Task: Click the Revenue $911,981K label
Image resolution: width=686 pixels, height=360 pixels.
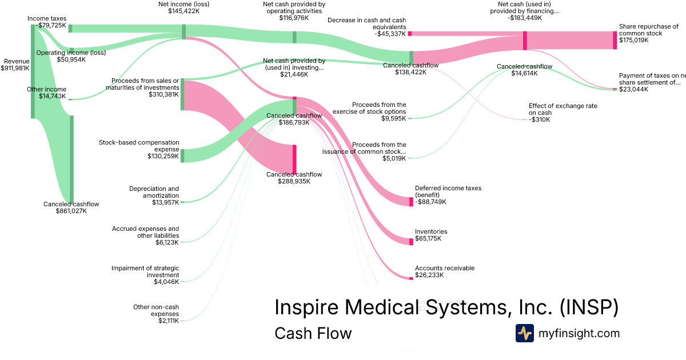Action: click(16, 65)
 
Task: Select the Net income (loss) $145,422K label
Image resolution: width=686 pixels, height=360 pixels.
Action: click(184, 7)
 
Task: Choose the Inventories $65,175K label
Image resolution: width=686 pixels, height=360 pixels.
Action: click(431, 235)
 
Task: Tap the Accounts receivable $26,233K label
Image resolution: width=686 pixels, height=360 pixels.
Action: click(444, 271)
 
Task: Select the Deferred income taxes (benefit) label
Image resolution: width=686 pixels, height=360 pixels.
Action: click(448, 194)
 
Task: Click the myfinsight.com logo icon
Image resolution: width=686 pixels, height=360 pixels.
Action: click(524, 333)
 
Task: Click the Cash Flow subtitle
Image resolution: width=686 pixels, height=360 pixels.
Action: click(313, 333)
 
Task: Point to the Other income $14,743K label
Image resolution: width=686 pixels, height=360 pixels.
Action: click(46, 93)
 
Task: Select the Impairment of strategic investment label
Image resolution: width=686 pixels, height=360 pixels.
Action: click(145, 274)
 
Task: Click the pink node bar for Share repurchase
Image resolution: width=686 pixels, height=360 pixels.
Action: click(615, 40)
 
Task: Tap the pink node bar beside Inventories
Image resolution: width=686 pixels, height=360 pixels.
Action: click(411, 242)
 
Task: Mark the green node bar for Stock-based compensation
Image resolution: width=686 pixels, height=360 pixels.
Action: click(182, 155)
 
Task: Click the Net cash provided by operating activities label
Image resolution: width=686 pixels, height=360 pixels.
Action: click(294, 11)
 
